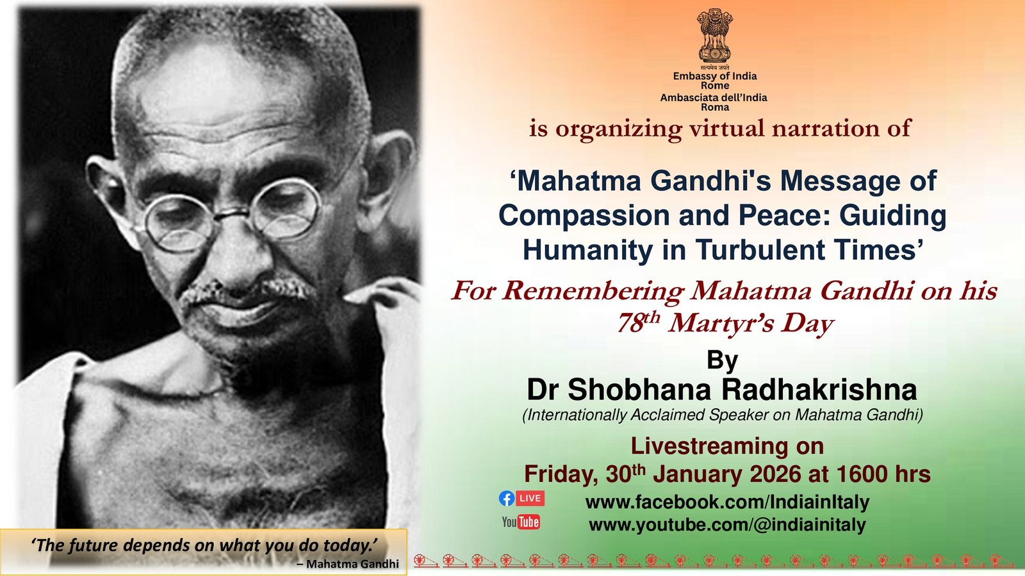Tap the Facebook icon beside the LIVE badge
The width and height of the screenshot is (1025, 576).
507,499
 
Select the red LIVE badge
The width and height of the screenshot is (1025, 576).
530,499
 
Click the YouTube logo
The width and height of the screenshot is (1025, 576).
521,522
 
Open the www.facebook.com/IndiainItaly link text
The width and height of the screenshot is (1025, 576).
728,502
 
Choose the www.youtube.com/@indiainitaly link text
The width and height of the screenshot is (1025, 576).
728,525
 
